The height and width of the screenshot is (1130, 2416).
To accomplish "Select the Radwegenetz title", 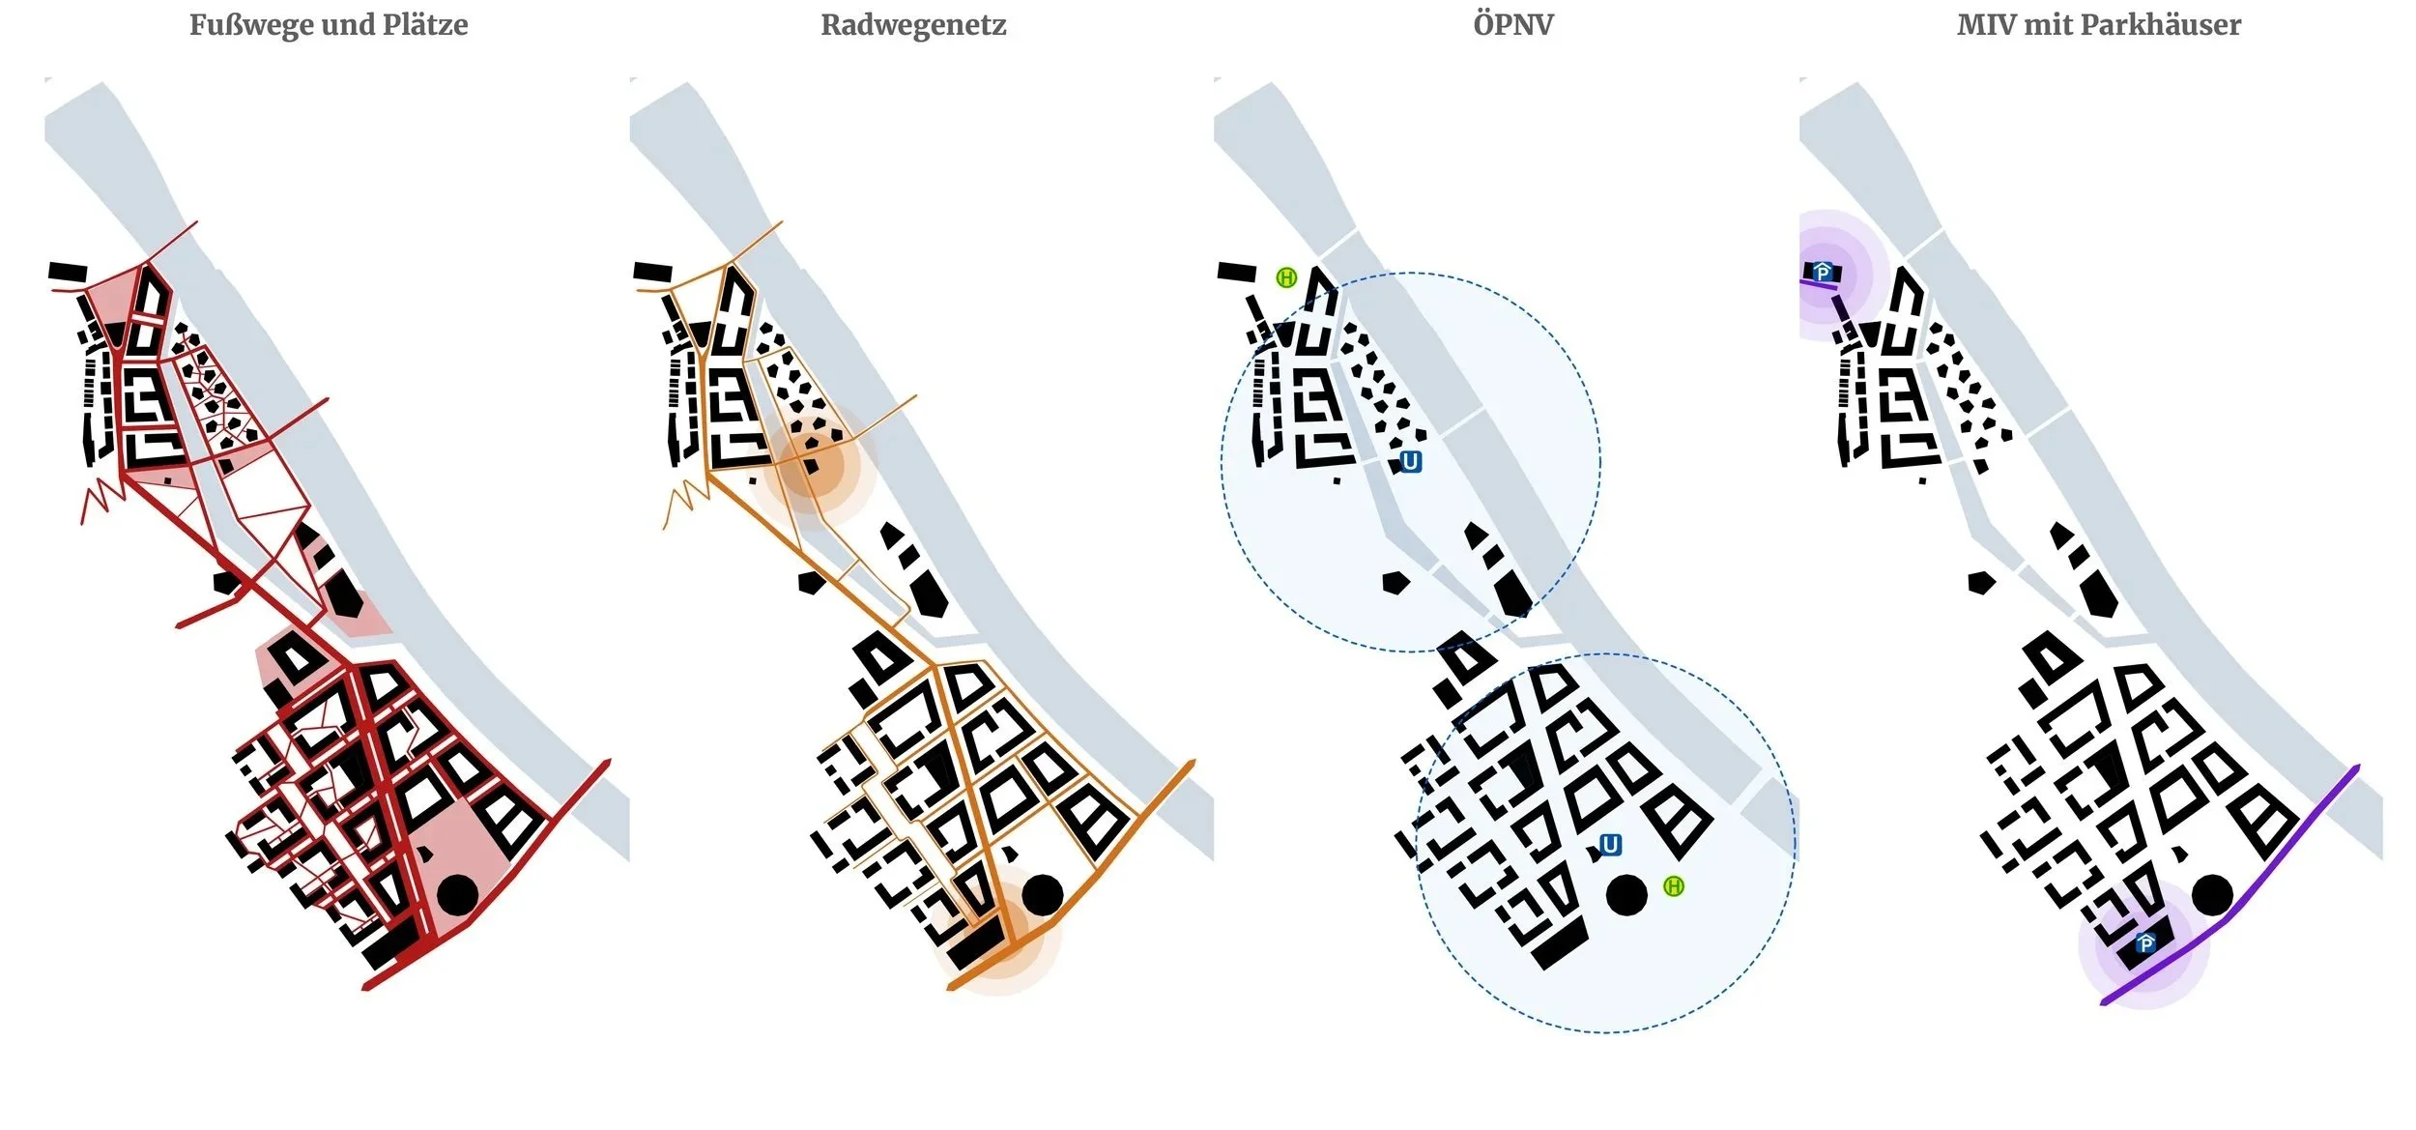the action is (913, 24).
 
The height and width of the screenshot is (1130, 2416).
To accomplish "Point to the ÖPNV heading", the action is (1513, 24).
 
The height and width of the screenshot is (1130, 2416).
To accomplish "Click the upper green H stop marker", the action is (1286, 278).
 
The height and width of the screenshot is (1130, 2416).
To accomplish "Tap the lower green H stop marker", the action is (1674, 886).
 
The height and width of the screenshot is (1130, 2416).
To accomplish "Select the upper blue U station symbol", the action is (1410, 462).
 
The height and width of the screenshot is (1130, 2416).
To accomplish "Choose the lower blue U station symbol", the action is (1610, 846).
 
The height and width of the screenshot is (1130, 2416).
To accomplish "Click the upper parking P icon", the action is (1823, 274).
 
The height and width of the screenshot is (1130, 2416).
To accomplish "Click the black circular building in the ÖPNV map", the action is (1626, 896).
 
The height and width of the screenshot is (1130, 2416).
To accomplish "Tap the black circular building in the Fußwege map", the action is (457, 895).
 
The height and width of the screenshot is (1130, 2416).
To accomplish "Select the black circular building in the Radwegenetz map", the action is (1043, 895).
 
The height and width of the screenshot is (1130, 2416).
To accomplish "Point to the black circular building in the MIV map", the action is (2212, 895).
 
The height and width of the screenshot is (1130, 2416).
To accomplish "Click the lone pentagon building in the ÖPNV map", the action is (1395, 582).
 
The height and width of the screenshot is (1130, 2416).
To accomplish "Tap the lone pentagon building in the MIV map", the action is (1981, 582).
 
